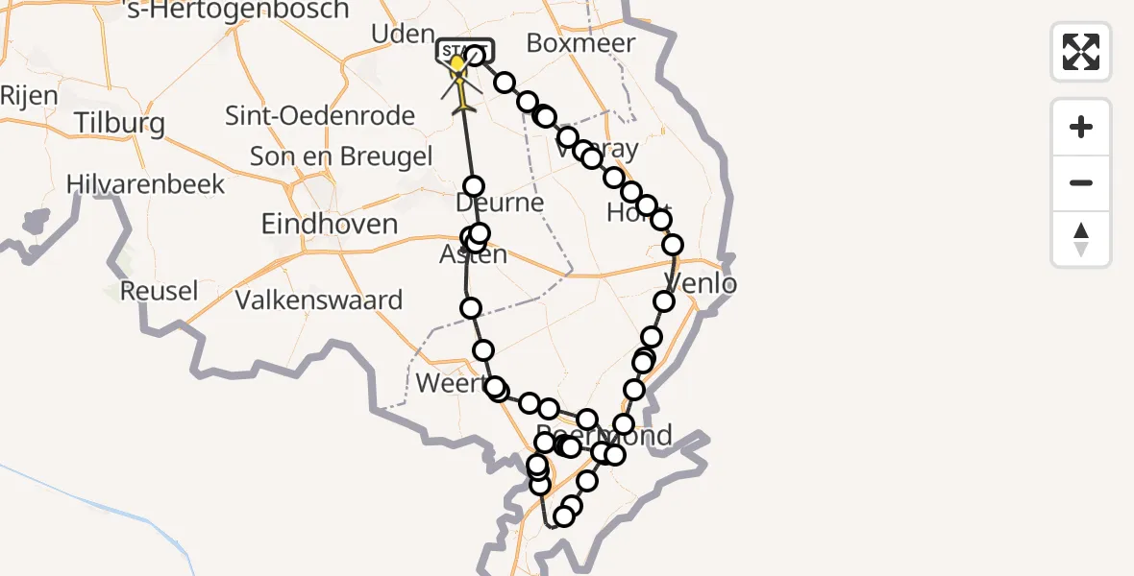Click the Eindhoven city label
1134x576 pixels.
330,225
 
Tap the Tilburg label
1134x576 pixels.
120,124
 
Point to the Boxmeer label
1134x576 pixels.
581,43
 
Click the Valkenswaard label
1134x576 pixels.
319,300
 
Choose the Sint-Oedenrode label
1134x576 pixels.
319,116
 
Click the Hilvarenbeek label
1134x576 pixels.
145,184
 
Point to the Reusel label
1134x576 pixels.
159,291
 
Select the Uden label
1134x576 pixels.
404,35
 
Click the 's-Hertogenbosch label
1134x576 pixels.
238,11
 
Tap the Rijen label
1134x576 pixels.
29,95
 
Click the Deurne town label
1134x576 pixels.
500,204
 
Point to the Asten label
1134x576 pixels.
473,255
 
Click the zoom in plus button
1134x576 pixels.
1081,127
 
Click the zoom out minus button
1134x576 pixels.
1081,182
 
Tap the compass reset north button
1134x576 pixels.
1081,239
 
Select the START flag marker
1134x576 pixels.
465,48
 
